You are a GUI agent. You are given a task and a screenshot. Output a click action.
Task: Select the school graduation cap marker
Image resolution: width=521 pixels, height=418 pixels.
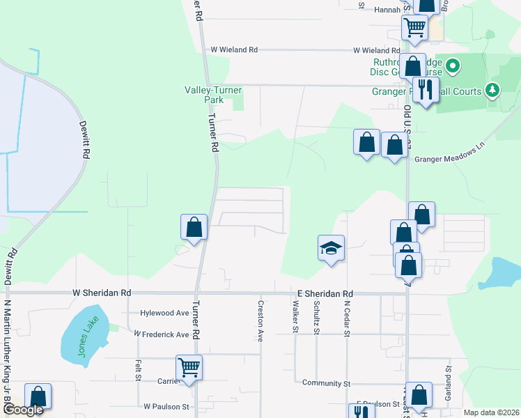(x=332, y=247)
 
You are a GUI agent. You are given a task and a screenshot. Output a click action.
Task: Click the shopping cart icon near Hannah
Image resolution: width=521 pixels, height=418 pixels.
(x=414, y=28)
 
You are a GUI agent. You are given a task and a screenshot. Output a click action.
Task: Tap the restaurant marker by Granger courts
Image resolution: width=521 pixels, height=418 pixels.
(x=425, y=89)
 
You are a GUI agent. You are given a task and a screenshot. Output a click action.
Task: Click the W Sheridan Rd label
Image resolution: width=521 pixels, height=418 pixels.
(x=102, y=293)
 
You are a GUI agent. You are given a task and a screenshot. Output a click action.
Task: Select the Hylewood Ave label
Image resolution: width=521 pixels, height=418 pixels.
(x=164, y=314)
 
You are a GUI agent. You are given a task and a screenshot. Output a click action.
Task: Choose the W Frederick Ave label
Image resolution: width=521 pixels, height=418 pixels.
(x=161, y=334)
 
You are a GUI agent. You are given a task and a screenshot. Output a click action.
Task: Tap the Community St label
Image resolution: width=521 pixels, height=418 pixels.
(x=326, y=383)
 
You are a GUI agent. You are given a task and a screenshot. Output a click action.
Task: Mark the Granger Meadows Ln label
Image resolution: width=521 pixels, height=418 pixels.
(x=449, y=158)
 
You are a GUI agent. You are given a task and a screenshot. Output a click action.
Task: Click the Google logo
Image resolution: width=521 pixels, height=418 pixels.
(x=22, y=410)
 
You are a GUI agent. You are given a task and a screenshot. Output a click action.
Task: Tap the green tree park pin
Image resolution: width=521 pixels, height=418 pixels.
(x=492, y=89)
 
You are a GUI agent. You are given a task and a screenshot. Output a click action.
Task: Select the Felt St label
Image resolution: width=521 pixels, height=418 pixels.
(x=138, y=369)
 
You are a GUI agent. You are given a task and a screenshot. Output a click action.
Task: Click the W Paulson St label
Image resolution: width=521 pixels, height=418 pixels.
(x=166, y=406)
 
